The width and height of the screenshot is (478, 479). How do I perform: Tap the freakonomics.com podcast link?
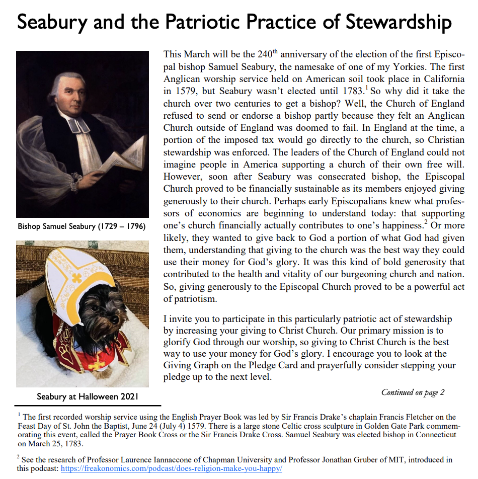172,468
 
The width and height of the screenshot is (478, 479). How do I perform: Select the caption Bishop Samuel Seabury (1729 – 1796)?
82,227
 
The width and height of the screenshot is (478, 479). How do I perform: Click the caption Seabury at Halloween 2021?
88,397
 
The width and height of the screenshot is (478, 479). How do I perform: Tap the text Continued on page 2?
413,392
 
